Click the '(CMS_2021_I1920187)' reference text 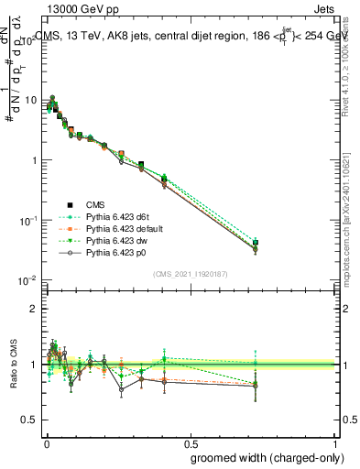click(x=190, y=273)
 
